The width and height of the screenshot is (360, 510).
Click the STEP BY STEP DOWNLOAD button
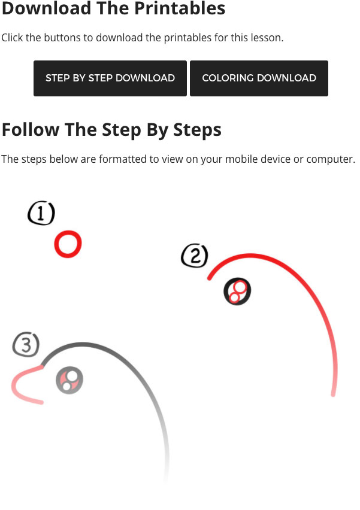coord(110,78)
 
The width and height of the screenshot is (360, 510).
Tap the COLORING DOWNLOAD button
coord(259,78)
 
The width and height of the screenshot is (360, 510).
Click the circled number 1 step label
coord(41,213)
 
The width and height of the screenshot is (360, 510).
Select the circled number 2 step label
coord(195,256)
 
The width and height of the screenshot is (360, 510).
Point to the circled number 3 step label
coord(26,344)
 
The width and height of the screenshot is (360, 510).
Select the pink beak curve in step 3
coord(13,385)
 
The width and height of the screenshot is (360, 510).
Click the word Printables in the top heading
coord(180,8)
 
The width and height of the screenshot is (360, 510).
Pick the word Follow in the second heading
coord(31,130)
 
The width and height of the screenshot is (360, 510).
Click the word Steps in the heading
coord(197,130)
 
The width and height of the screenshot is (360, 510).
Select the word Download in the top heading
coord(46,8)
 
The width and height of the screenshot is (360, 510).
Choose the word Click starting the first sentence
coord(12,38)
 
